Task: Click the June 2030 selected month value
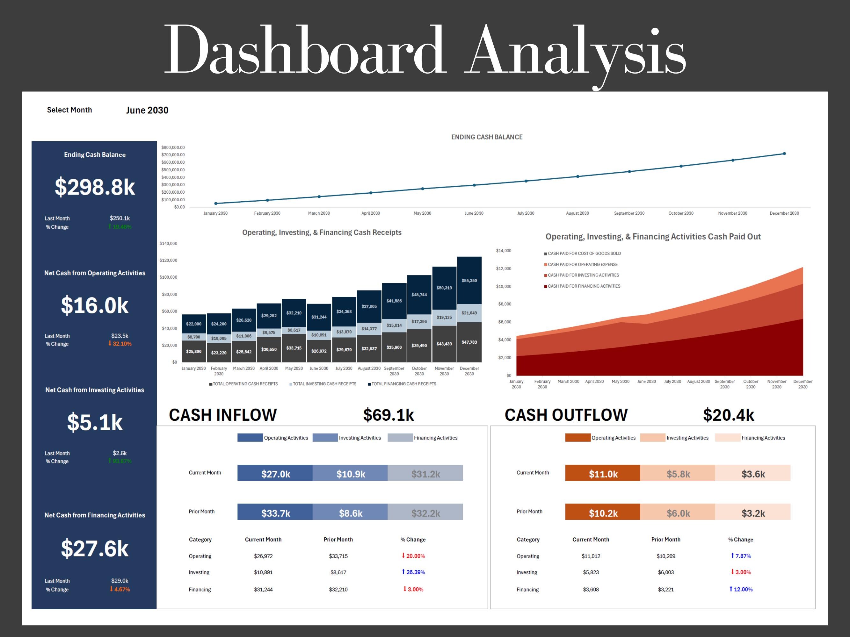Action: (147, 111)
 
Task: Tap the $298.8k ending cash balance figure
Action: (95, 187)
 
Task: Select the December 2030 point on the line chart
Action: (784, 154)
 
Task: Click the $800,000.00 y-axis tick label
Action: (173, 147)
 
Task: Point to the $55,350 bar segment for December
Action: (469, 281)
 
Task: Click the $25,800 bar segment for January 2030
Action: (194, 351)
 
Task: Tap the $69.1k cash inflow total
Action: (389, 415)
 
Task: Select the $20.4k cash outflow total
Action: (728, 415)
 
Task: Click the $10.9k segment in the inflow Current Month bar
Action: (351, 474)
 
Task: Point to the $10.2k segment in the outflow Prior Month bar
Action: (603, 513)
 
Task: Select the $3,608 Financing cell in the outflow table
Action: (591, 590)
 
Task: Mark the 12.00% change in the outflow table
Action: (741, 590)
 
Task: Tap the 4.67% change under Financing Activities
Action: (120, 590)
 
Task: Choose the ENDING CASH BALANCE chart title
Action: (486, 137)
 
